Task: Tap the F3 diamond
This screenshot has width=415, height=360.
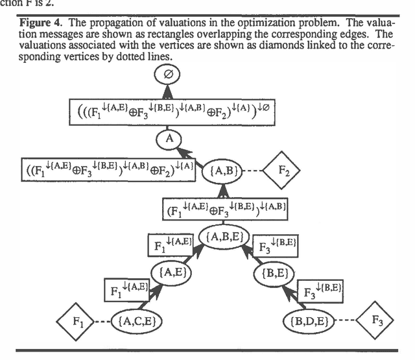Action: tap(378, 320)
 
